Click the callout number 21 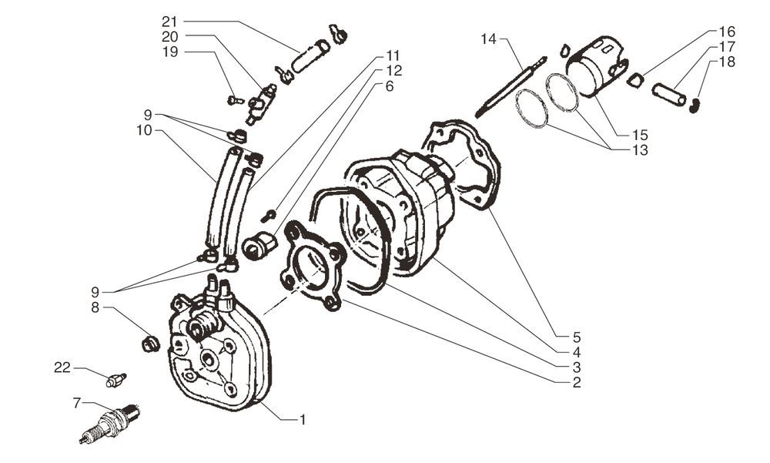(x=169, y=21)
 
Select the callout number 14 (x=490, y=38)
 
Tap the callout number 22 (x=62, y=368)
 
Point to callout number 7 (x=77, y=402)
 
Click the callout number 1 (x=303, y=420)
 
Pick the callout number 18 (x=727, y=61)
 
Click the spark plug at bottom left (x=111, y=424)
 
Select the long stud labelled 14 (x=511, y=85)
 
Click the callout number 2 (x=577, y=381)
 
